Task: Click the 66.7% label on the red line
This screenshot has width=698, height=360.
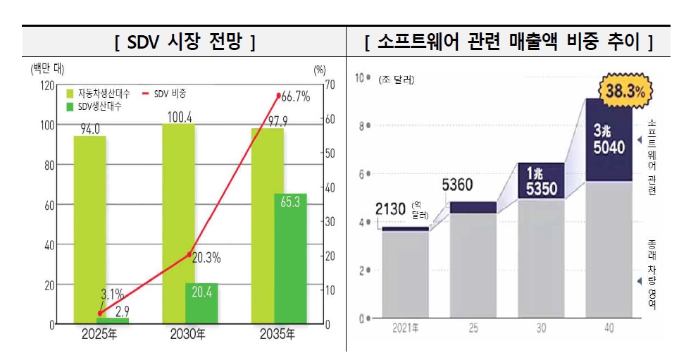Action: [x=294, y=97]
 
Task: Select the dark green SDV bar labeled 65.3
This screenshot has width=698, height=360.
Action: [x=290, y=259]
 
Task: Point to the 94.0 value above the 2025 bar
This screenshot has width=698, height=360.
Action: [x=89, y=128]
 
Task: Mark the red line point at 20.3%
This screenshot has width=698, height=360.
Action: [x=189, y=254]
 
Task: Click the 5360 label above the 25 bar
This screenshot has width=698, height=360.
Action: [x=457, y=185]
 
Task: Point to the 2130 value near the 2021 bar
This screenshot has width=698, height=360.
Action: [x=390, y=209]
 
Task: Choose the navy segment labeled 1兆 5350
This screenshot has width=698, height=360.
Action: [x=541, y=181]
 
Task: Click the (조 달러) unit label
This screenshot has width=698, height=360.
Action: [x=396, y=80]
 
